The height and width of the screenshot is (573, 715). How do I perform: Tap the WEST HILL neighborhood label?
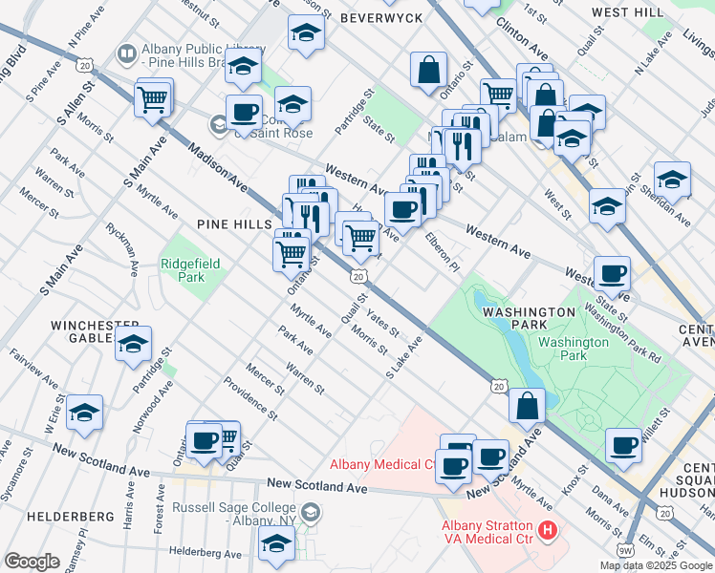(x=627, y=11)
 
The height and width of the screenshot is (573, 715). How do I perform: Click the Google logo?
(x=32, y=561)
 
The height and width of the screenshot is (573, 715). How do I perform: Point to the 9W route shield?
(x=626, y=550)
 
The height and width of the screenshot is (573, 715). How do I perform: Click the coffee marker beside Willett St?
(x=623, y=444)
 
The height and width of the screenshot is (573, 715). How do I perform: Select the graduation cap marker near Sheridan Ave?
(x=672, y=179)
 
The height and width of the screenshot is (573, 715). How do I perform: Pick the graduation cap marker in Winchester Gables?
(x=134, y=343)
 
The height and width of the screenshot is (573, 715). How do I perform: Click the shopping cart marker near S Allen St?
(x=153, y=98)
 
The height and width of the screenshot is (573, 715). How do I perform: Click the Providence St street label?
(x=250, y=400)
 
